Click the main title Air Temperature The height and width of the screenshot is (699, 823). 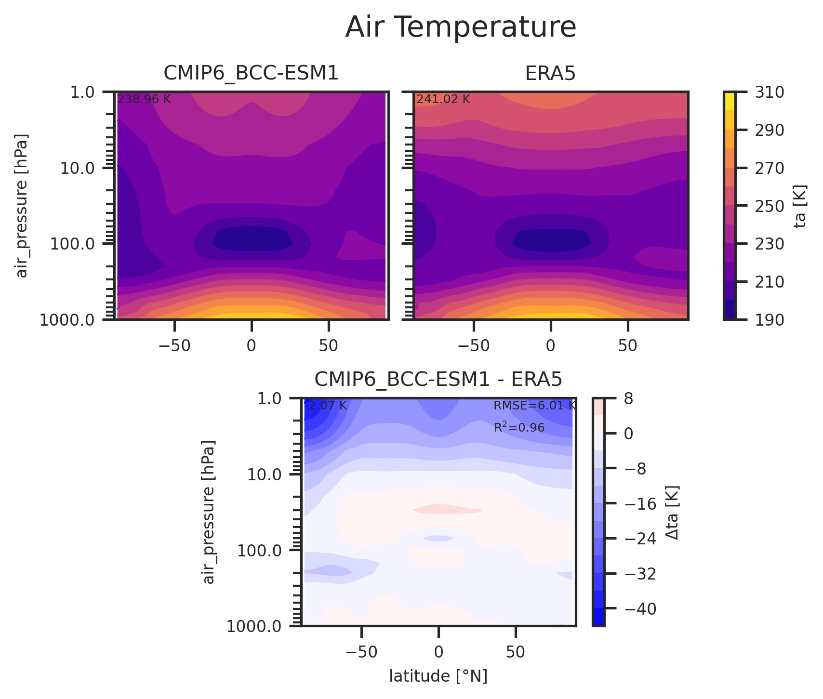coord(461,27)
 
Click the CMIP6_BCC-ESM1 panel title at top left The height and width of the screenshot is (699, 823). coord(251,73)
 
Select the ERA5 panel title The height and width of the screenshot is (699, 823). coord(550,73)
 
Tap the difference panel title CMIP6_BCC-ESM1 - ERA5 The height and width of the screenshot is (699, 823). coord(438,380)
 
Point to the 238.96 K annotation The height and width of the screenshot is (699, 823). coord(144,100)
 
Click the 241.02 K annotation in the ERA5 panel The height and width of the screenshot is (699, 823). coord(443,100)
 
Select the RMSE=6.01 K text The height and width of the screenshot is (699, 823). coord(534,406)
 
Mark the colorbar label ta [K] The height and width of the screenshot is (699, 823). coord(800,206)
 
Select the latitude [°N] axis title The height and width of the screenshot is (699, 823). coord(438,676)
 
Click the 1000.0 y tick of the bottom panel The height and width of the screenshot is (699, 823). coord(261,627)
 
